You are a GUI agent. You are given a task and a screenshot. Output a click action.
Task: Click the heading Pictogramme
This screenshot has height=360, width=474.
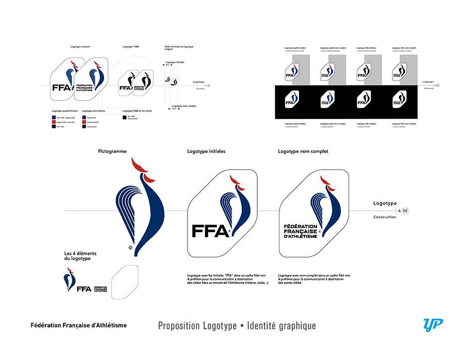(112, 151)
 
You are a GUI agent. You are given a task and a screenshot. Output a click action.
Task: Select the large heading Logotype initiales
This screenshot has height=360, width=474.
(206, 151)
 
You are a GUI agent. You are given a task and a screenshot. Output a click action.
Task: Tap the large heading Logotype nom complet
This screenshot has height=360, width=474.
(303, 151)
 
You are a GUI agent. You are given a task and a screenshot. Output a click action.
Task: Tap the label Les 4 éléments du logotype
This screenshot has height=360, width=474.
(81, 257)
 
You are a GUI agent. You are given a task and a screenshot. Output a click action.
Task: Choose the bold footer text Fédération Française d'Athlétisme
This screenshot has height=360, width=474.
(79, 325)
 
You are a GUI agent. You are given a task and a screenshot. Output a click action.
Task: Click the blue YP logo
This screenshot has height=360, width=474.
(432, 325)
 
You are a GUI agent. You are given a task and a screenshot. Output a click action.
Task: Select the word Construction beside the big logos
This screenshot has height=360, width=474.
(385, 217)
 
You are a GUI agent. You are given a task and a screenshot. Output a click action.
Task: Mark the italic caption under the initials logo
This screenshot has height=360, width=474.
(229, 279)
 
